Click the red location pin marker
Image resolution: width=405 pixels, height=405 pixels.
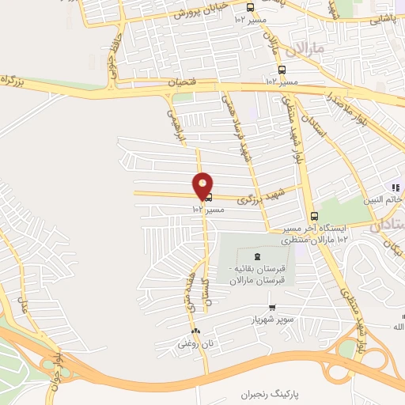pos(203,185)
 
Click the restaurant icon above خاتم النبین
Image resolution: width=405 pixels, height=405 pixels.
pos(396,187)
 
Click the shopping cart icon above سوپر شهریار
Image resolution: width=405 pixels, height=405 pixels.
pos(272,308)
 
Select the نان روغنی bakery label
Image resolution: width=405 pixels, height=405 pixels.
pos(194,344)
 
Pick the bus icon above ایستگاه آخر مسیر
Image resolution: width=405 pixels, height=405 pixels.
pos(314,216)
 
